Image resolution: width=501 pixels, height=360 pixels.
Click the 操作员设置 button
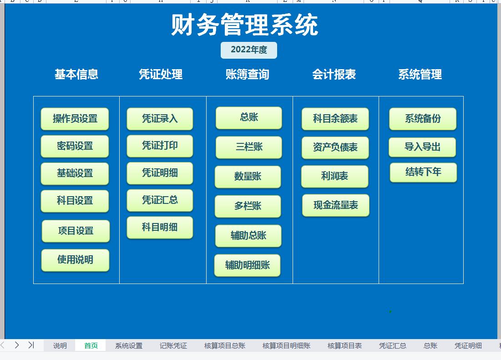pyautogui.click(x=75, y=119)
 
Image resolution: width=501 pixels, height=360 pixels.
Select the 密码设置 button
pyautogui.click(x=75, y=146)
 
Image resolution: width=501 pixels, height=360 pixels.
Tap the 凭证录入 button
pyautogui.click(x=160, y=119)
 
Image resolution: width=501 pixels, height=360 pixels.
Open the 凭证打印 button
pyautogui.click(x=160, y=146)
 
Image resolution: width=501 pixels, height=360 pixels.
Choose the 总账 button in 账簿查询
pyautogui.click(x=249, y=117)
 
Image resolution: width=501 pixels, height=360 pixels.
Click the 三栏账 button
pyautogui.click(x=249, y=147)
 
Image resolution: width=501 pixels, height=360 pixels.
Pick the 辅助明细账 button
pyautogui.click(x=248, y=265)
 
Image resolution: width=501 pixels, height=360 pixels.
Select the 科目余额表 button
pyautogui.click(x=335, y=119)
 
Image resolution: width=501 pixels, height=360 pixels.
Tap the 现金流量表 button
pyautogui.click(x=336, y=205)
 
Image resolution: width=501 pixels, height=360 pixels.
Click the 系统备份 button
pyautogui.click(x=423, y=119)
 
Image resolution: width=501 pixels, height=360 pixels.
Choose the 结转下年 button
pyautogui.click(x=423, y=172)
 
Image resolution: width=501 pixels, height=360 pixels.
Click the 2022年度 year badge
pyautogui.click(x=249, y=50)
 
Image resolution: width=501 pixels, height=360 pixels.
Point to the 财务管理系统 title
pyautogui.click(x=245, y=25)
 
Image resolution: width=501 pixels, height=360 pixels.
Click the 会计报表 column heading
pyautogui.click(x=334, y=75)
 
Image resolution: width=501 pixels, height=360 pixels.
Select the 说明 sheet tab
pyautogui.click(x=60, y=346)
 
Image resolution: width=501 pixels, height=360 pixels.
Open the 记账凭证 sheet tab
pyautogui.click(x=173, y=346)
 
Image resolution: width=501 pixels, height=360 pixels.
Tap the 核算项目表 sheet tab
pyautogui.click(x=344, y=346)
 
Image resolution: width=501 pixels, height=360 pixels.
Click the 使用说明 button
pyautogui.click(x=76, y=260)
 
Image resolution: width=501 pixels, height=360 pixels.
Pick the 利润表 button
pyautogui.click(x=335, y=176)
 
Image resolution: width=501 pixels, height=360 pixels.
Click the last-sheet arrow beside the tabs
pyautogui.click(x=31, y=345)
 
